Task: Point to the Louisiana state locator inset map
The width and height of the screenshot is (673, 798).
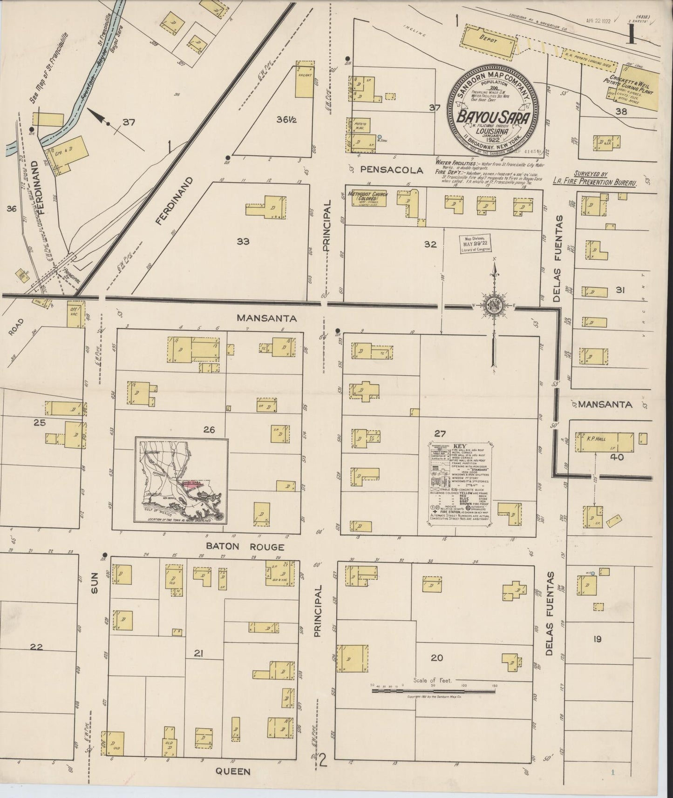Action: point(182,480)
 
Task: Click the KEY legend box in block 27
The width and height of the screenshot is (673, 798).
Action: point(459,484)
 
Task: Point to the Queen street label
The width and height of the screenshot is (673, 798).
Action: point(232,771)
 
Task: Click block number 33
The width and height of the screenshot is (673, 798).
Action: point(243,241)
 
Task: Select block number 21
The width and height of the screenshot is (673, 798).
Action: point(198,654)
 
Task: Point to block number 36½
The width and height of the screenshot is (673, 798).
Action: point(284,119)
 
